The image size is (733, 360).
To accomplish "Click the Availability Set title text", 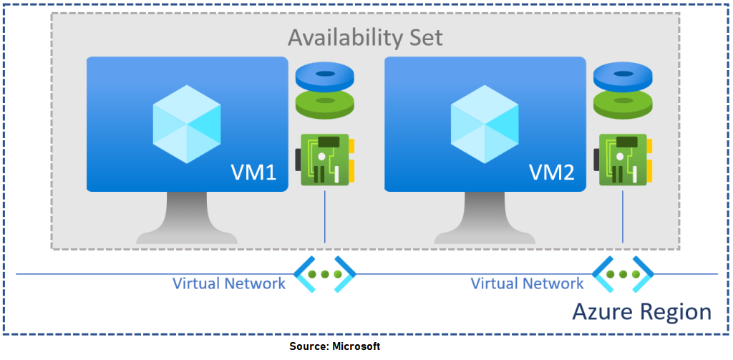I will click(365, 37).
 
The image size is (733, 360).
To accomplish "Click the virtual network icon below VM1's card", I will click(325, 274).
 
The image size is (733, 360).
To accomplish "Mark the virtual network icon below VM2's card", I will click(623, 274).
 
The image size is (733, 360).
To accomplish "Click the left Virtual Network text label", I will click(229, 283).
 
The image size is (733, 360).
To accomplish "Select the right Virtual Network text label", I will click(527, 283).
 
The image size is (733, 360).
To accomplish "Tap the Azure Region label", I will click(641, 312).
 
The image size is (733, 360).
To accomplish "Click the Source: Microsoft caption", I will click(335, 346).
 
